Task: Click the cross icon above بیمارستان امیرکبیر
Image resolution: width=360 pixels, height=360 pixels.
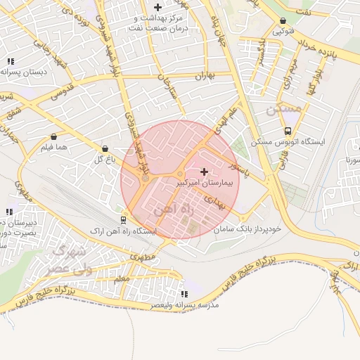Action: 205,172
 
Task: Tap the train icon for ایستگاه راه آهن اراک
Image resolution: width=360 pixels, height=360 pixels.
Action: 124,219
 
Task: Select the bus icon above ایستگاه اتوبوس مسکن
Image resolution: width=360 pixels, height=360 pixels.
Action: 288,131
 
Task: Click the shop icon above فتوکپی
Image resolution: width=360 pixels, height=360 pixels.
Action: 283,21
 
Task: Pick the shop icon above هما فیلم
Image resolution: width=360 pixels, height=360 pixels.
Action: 53,136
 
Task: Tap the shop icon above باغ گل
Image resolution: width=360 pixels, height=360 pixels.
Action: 105,149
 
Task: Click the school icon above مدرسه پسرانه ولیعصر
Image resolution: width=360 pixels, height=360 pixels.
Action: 184,294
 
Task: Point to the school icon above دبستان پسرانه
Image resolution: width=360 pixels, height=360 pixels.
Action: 11,61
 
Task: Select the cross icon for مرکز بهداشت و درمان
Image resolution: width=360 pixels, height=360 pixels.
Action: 157,6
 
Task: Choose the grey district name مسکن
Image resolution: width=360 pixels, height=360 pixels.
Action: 283,110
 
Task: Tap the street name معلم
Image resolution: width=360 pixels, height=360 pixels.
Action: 121,279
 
